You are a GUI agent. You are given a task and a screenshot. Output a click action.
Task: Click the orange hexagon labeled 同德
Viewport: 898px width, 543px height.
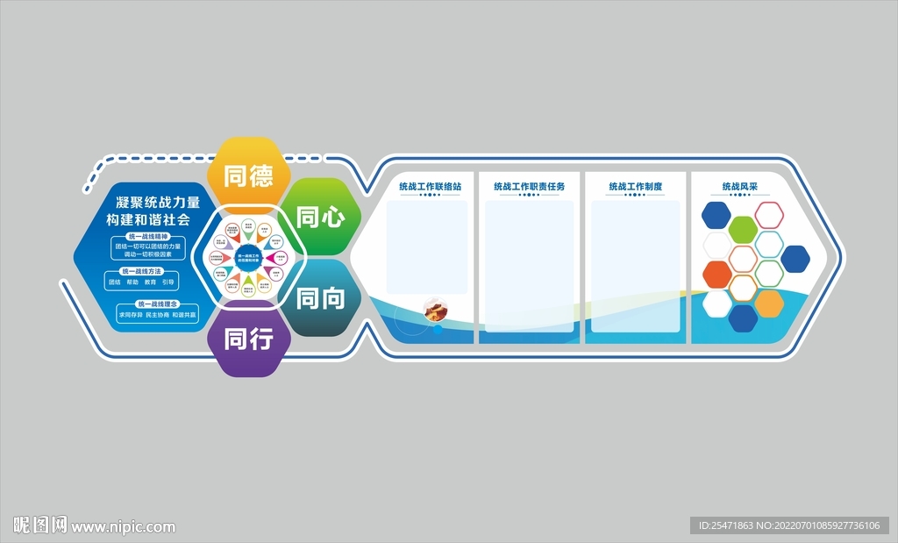249,176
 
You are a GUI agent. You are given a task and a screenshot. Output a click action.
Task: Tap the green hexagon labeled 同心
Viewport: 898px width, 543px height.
320,218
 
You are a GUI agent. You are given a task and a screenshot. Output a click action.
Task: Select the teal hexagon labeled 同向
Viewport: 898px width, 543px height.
320,298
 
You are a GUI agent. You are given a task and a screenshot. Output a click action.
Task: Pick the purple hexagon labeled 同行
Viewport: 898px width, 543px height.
249,339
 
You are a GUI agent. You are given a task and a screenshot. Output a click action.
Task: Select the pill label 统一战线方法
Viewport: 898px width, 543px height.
143,272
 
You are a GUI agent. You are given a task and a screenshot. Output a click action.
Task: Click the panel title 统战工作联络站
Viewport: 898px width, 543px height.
430,187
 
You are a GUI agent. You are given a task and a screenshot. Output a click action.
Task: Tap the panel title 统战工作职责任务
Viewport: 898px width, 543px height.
529,187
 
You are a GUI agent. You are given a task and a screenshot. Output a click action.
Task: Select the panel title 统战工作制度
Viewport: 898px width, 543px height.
635,187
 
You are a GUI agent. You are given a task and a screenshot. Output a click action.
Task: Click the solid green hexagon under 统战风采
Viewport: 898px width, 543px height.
743,229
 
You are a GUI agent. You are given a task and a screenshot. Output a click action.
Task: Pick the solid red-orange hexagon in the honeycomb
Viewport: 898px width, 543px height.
716,274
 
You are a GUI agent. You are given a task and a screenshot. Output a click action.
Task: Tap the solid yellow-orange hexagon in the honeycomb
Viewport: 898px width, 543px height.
769,303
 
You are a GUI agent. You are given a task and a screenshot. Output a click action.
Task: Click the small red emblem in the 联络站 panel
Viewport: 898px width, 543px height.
435,310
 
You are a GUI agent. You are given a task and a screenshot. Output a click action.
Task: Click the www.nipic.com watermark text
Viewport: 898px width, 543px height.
124,527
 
